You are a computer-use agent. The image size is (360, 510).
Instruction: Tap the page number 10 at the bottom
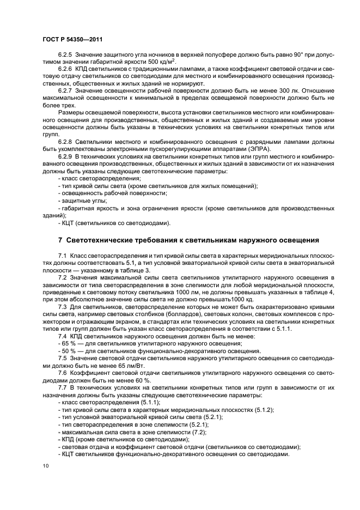pyautogui.click(x=44, y=466)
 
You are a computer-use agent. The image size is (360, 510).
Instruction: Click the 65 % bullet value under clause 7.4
pyautogui.click(x=67, y=343)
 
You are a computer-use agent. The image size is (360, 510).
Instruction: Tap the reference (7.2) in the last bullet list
pyautogui.click(x=182, y=430)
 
